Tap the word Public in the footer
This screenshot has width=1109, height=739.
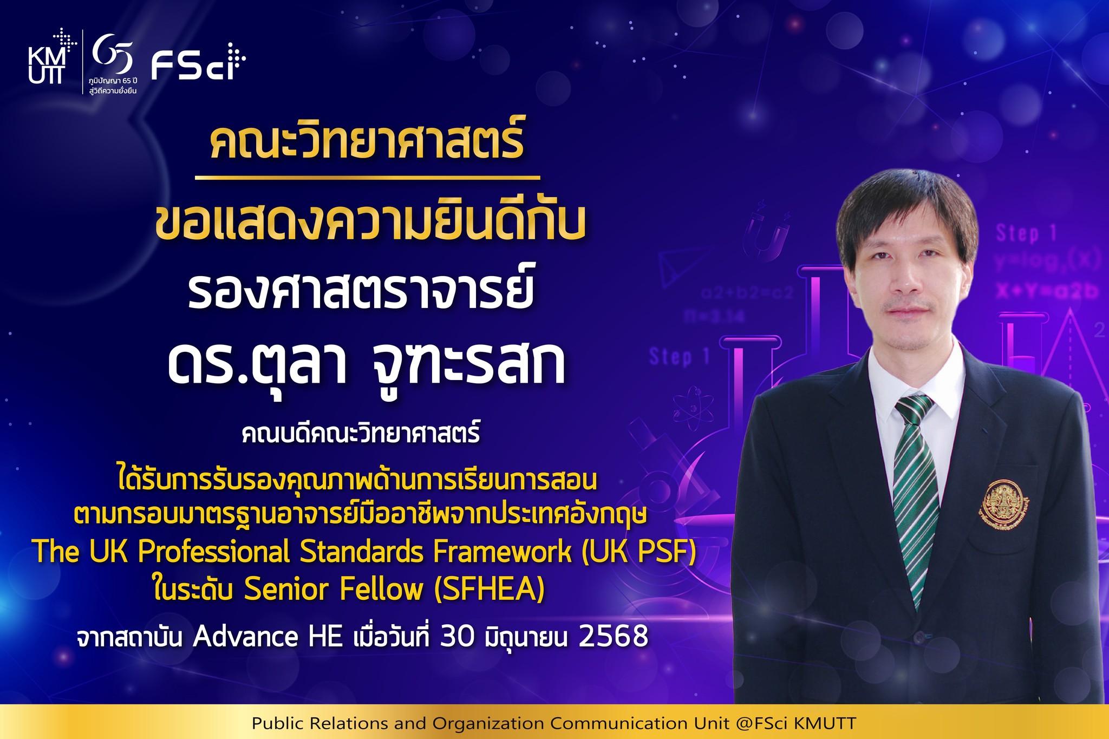[277, 724]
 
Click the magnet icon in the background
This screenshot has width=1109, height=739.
[763, 231]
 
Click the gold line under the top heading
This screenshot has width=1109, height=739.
[367, 176]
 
